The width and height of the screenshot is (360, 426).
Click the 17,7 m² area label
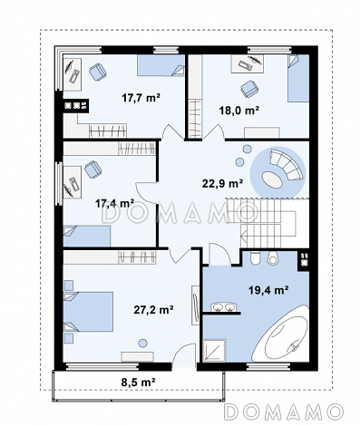[x=141, y=98]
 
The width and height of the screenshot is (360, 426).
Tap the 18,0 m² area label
[x=238, y=111]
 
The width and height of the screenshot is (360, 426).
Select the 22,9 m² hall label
[x=223, y=183]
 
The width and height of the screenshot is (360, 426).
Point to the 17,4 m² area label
[x=115, y=203]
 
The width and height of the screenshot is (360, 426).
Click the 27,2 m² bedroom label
[x=153, y=310]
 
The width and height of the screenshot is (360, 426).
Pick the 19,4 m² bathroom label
[x=268, y=290]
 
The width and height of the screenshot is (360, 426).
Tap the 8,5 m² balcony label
[x=139, y=382]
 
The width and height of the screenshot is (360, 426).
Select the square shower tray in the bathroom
[x=215, y=351]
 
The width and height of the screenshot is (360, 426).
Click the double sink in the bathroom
[x=223, y=306]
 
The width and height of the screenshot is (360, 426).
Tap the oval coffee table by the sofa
[x=272, y=179]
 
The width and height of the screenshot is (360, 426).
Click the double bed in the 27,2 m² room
[x=88, y=312]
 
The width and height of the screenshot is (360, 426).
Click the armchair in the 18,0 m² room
[x=250, y=89]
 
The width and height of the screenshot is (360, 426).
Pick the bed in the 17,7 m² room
[x=161, y=65]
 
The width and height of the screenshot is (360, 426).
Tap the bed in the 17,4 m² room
[x=87, y=236]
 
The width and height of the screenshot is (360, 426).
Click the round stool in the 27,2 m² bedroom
[x=142, y=344]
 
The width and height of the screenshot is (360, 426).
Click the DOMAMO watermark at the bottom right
[x=284, y=411]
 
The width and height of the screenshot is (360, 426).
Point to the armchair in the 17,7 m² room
[x=98, y=72]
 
